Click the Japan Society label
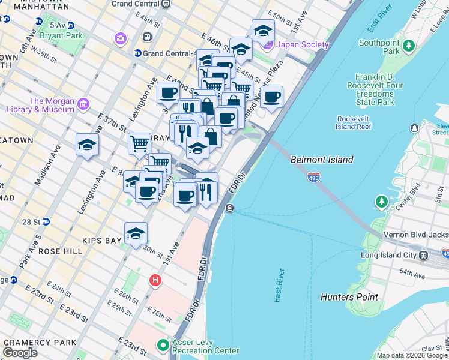click(x=302, y=44)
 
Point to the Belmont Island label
click(x=321, y=160)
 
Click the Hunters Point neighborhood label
click(x=349, y=296)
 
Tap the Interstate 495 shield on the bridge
click(x=316, y=176)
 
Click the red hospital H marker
click(x=155, y=280)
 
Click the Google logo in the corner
click(x=20, y=352)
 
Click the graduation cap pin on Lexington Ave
click(x=88, y=145)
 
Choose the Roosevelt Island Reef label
click(x=355, y=123)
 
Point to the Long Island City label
click(x=393, y=256)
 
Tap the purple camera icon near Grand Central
click(x=121, y=39)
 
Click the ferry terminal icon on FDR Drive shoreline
click(x=230, y=208)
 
